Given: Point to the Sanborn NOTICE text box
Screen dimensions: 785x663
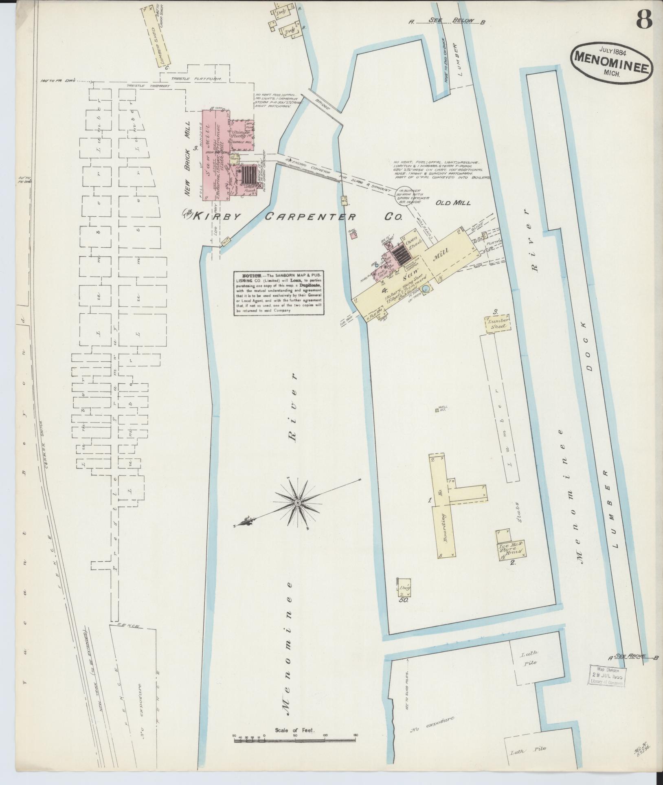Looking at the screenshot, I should (x=279, y=293).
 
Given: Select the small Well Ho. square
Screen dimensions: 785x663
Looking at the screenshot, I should (x=437, y=411).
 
